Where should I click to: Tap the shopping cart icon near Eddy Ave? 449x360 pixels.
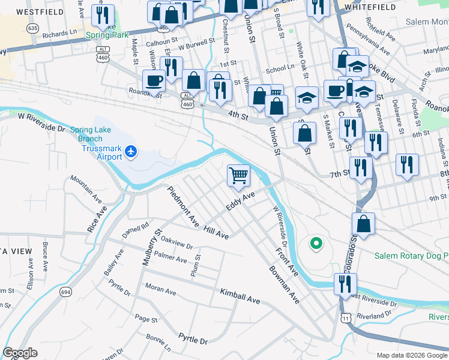(x=239, y=175)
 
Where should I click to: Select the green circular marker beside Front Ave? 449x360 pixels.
(x=315, y=244)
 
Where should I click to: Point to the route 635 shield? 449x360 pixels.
(x=33, y=28)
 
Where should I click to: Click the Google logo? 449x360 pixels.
(x=20, y=352)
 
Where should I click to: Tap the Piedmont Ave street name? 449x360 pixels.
(x=183, y=208)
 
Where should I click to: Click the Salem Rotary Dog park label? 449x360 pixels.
(x=411, y=256)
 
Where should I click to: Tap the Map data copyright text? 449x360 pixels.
(x=411, y=355)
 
